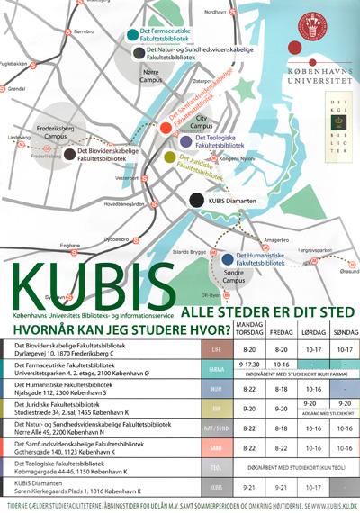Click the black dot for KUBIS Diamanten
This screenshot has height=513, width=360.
194,200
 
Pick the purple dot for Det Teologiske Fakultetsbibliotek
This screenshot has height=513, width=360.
184,141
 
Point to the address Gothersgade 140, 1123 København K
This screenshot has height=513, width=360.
63,452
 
